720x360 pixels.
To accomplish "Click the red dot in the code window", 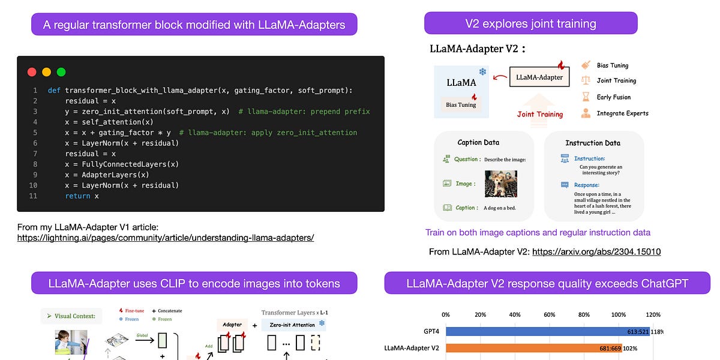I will (x=32, y=72).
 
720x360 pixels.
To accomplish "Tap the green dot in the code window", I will (x=61, y=72).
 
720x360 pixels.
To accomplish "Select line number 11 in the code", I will (x=32, y=196).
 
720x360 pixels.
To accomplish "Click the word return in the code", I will (x=77, y=196).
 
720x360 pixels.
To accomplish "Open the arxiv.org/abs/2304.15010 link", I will (x=596, y=251).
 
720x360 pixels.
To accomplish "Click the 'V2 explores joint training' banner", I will (x=530, y=24).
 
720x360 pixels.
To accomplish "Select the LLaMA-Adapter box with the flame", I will (x=539, y=76).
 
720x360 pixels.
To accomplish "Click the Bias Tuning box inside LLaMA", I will (x=461, y=104).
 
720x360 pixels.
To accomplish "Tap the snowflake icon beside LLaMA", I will (x=482, y=72).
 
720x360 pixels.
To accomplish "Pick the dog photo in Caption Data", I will (x=500, y=184).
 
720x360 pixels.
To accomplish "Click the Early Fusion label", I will (x=613, y=97).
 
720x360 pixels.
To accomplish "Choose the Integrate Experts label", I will (x=622, y=113).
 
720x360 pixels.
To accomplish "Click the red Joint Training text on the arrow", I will (x=540, y=114).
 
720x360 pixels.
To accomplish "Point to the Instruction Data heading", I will (x=593, y=143).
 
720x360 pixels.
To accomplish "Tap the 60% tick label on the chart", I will (x=549, y=314).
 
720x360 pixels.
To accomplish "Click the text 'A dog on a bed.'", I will (x=499, y=208).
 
